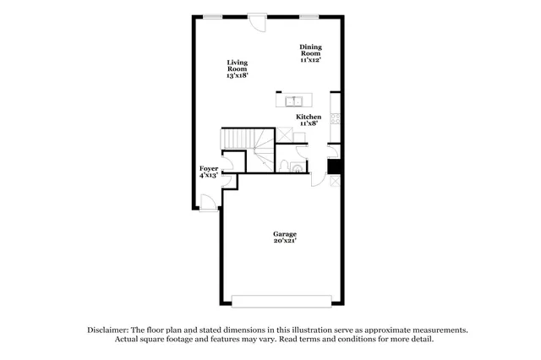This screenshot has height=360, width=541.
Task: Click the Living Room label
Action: (236, 66)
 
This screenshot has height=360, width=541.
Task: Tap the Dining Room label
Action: (311, 50)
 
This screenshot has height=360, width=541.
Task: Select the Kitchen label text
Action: (308, 117)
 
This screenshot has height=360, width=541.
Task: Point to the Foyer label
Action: (208, 168)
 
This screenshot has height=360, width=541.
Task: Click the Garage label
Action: (284, 233)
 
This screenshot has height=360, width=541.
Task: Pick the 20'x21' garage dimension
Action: (284, 241)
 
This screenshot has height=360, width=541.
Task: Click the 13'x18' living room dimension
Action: (236, 76)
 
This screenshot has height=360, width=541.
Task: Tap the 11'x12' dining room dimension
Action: (311, 61)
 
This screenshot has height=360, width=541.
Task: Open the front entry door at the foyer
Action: (207, 200)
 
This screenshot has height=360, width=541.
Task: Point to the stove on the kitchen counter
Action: (336, 119)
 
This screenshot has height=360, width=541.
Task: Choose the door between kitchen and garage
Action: (318, 177)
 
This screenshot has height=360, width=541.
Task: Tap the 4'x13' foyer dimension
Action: (208, 176)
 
